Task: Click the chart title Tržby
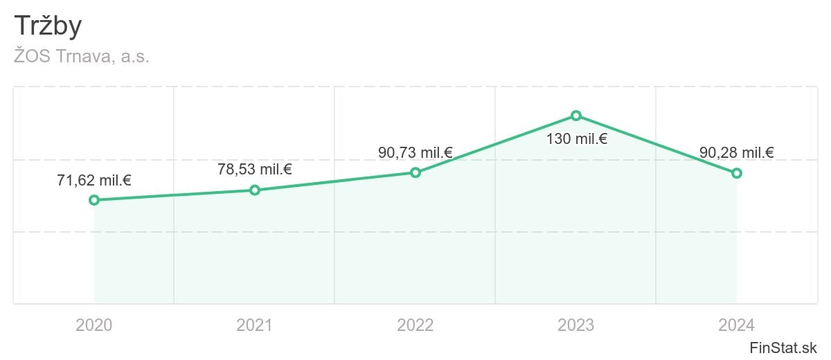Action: click(x=48, y=26)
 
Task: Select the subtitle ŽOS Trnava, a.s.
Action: click(x=82, y=57)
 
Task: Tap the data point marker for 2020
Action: click(x=94, y=200)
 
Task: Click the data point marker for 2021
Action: click(x=255, y=190)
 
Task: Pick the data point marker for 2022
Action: click(x=415, y=172)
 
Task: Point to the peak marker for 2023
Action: click(x=576, y=115)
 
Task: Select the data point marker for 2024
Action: click(x=737, y=173)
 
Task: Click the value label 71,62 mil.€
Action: click(x=94, y=181)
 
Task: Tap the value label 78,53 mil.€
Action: click(x=255, y=170)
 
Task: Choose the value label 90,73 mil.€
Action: click(x=415, y=152)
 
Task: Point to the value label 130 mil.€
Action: click(x=576, y=138)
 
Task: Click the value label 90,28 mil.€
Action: click(x=737, y=153)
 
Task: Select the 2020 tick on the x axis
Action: click(x=94, y=325)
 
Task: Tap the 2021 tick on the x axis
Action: click(x=255, y=325)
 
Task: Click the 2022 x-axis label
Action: click(x=415, y=325)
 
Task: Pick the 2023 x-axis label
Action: click(x=576, y=325)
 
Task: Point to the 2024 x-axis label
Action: click(x=737, y=325)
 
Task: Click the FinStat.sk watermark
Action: click(x=783, y=347)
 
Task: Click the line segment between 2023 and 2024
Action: click(x=656, y=144)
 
